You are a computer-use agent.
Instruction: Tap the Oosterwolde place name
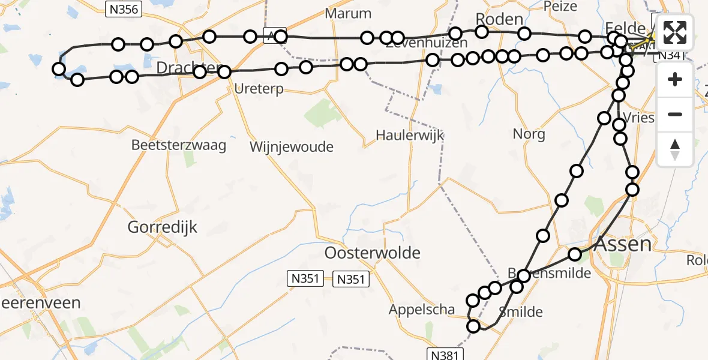click(372, 253)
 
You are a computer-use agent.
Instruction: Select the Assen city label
click(623, 244)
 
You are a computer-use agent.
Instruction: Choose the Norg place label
click(529, 133)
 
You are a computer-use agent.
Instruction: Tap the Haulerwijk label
click(410, 135)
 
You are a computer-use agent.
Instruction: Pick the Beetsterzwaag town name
click(179, 145)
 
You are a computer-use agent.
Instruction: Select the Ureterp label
click(259, 89)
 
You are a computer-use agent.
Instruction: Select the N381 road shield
click(448, 353)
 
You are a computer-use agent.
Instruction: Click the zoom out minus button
click(675, 114)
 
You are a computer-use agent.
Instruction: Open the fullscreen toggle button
click(675, 33)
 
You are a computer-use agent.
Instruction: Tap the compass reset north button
click(675, 149)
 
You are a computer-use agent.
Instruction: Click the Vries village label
click(639, 117)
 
